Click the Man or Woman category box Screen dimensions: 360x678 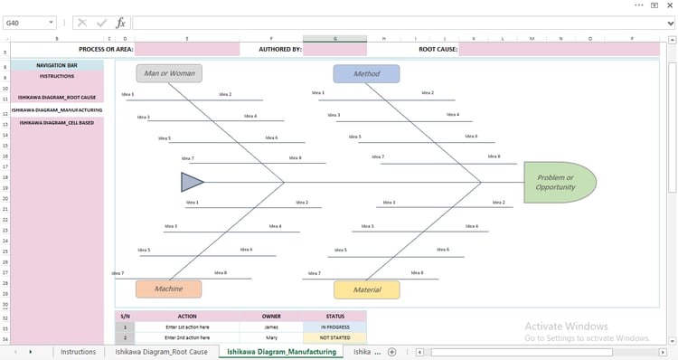[x=169, y=73]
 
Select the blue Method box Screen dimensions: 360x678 [x=366, y=74]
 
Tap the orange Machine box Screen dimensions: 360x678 [x=168, y=289]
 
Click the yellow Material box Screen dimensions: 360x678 [x=366, y=289]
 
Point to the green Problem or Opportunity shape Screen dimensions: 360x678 [x=559, y=182]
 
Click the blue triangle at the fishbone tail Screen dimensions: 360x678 [x=192, y=183]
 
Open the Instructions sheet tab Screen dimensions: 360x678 [x=78, y=352]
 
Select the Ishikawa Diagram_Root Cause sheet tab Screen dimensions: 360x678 [x=161, y=352]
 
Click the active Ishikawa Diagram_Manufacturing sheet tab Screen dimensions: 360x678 [x=281, y=352]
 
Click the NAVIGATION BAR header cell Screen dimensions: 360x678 [x=56, y=66]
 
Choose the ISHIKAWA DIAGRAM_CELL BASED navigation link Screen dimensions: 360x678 [x=56, y=122]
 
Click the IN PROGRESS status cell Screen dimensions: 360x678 [x=335, y=327]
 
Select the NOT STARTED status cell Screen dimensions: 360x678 [x=335, y=337]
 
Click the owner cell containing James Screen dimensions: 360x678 [x=271, y=327]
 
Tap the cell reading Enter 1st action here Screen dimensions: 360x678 [x=187, y=327]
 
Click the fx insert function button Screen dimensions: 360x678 [x=120, y=23]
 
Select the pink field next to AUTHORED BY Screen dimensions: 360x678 [x=334, y=50]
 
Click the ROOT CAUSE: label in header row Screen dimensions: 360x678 [x=438, y=50]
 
